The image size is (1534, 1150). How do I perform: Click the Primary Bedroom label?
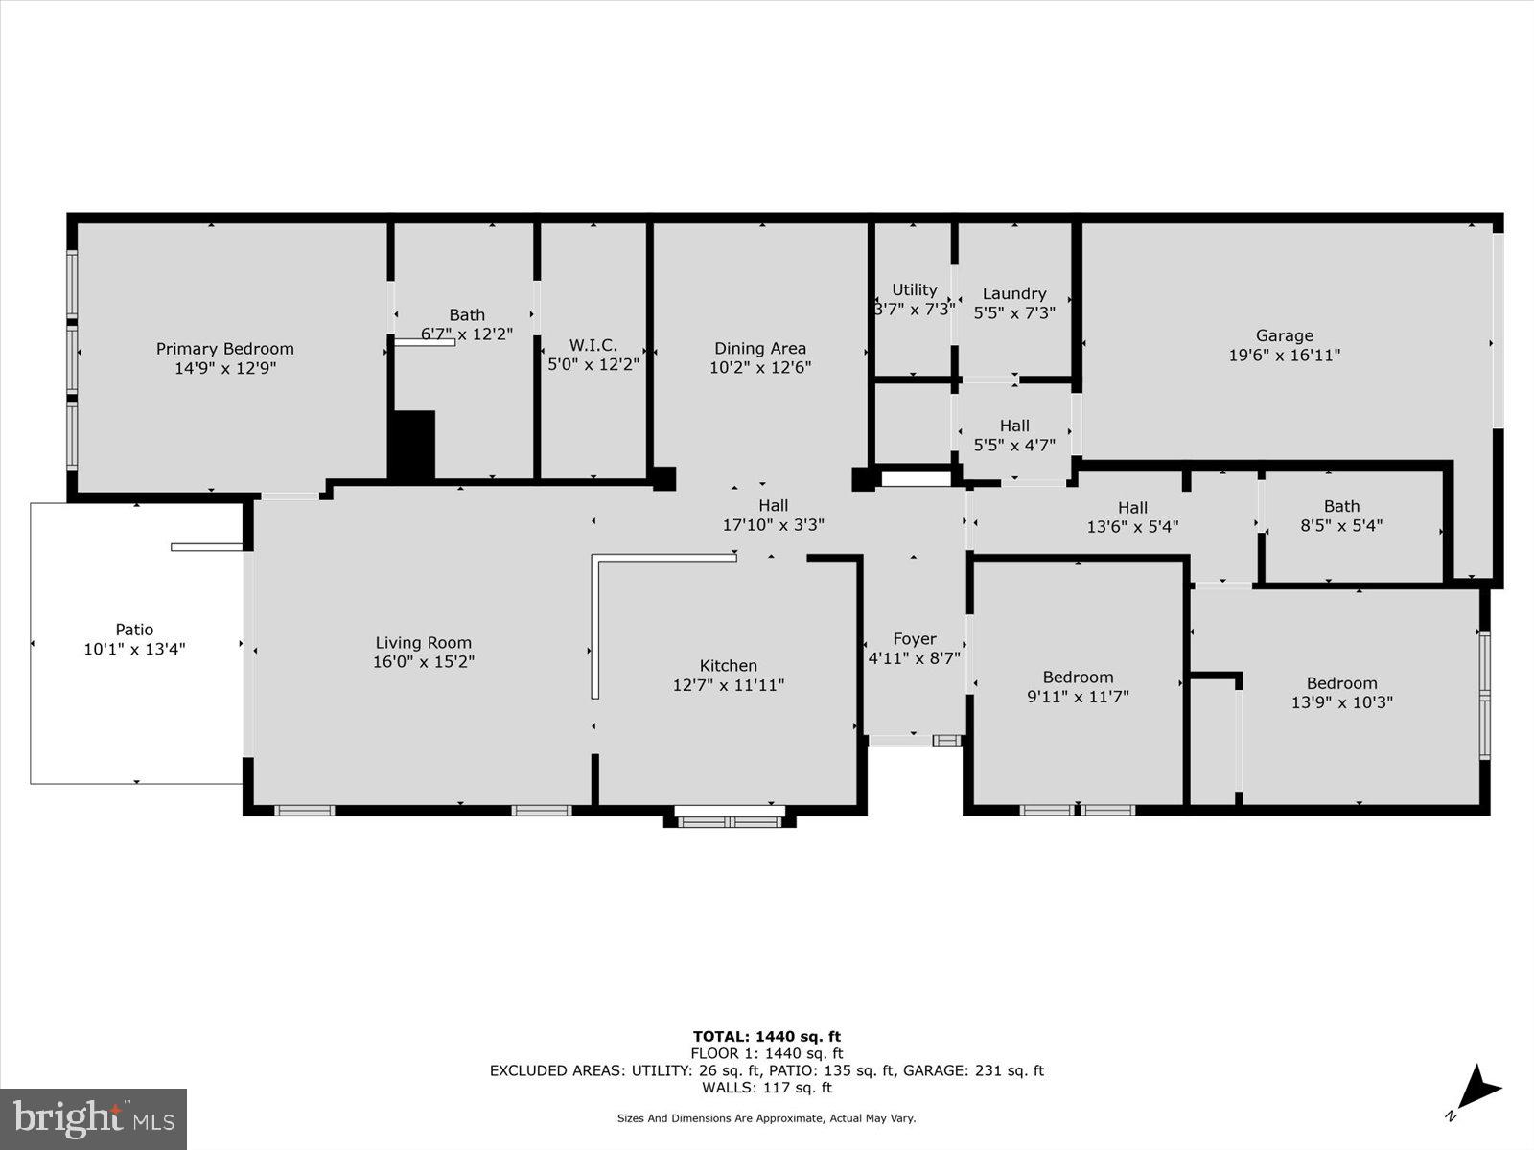pyautogui.click(x=224, y=349)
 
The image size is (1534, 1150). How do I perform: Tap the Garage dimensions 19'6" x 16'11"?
pyautogui.click(x=1284, y=356)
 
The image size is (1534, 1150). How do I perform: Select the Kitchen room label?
pyautogui.click(x=728, y=666)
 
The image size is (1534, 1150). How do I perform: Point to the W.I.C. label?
pyautogui.click(x=593, y=346)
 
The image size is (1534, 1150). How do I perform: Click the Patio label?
pyautogui.click(x=134, y=630)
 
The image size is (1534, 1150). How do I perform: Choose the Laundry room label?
pyautogui.click(x=1013, y=294)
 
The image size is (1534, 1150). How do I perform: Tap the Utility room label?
pyautogui.click(x=914, y=289)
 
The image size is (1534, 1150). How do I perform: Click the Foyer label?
pyautogui.click(x=914, y=639)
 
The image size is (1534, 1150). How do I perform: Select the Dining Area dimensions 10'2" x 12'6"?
pyautogui.click(x=760, y=367)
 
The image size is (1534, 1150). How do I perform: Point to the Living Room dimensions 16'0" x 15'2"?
pyautogui.click(x=423, y=662)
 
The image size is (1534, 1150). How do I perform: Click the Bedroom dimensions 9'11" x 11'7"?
pyautogui.click(x=1078, y=697)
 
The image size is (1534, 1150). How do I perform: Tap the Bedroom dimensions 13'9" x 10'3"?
pyautogui.click(x=1341, y=702)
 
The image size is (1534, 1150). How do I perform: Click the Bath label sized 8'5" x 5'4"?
pyautogui.click(x=1341, y=506)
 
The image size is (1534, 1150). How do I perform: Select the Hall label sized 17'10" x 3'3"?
pyautogui.click(x=773, y=506)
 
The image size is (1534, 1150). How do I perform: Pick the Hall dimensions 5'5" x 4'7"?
pyautogui.click(x=1014, y=445)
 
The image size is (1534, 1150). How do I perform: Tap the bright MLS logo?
pyautogui.click(x=93, y=1118)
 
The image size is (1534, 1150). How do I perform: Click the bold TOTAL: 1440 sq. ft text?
pyautogui.click(x=766, y=1036)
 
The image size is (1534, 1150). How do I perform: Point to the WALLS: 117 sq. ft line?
pyautogui.click(x=766, y=1088)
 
